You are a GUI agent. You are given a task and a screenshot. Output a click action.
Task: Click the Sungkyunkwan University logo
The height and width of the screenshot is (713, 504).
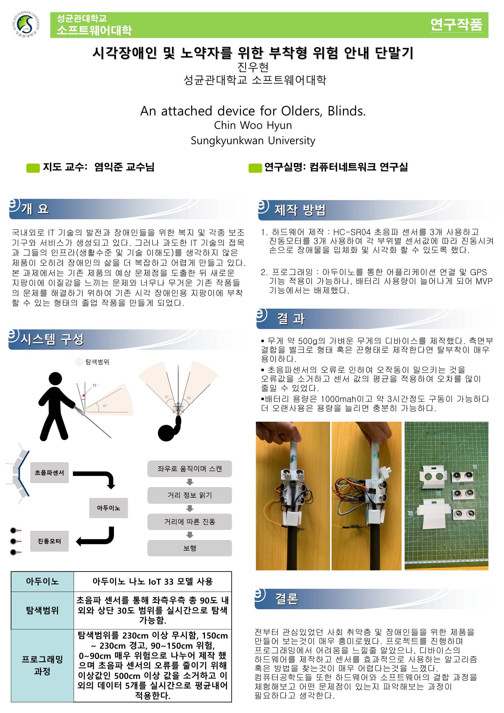click(26, 24)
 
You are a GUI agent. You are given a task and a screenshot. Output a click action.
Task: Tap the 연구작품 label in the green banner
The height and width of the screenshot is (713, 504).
click(456, 25)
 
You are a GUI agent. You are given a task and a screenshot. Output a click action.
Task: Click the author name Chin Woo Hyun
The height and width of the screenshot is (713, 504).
click(253, 125)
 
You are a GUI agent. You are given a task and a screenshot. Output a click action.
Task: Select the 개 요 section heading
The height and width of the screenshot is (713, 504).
click(35, 209)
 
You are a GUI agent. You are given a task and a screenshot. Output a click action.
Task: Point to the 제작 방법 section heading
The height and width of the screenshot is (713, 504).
click(300, 210)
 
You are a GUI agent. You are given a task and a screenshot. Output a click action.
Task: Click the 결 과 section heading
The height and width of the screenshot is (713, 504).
click(291, 319)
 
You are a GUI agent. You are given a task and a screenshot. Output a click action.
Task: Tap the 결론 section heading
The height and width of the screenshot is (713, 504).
click(286, 598)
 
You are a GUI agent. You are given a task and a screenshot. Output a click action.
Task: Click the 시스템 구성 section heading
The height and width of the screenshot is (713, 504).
click(52, 339)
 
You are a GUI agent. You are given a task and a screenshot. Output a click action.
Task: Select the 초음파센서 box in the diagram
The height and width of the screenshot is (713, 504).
click(49, 472)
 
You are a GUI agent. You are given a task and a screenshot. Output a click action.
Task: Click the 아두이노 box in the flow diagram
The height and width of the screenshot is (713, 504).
click(108, 508)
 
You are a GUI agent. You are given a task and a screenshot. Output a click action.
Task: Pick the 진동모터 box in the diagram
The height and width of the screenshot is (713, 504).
click(49, 541)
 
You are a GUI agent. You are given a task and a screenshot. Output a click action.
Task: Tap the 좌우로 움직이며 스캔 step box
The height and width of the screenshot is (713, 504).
click(189, 469)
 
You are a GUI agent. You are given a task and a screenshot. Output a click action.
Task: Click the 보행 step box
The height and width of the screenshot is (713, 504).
click(189, 548)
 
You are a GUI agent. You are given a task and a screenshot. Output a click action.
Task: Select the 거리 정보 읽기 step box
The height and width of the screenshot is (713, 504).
click(189, 495)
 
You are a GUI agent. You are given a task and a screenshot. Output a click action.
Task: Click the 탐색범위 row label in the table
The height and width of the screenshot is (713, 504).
click(42, 610)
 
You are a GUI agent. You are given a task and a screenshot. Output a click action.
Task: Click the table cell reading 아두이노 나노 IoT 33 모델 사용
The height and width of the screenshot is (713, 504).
click(152, 581)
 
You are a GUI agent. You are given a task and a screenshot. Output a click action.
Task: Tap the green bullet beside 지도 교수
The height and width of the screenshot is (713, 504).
click(33, 168)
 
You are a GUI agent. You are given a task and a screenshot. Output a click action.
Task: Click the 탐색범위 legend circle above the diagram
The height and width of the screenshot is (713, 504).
click(79, 362)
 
